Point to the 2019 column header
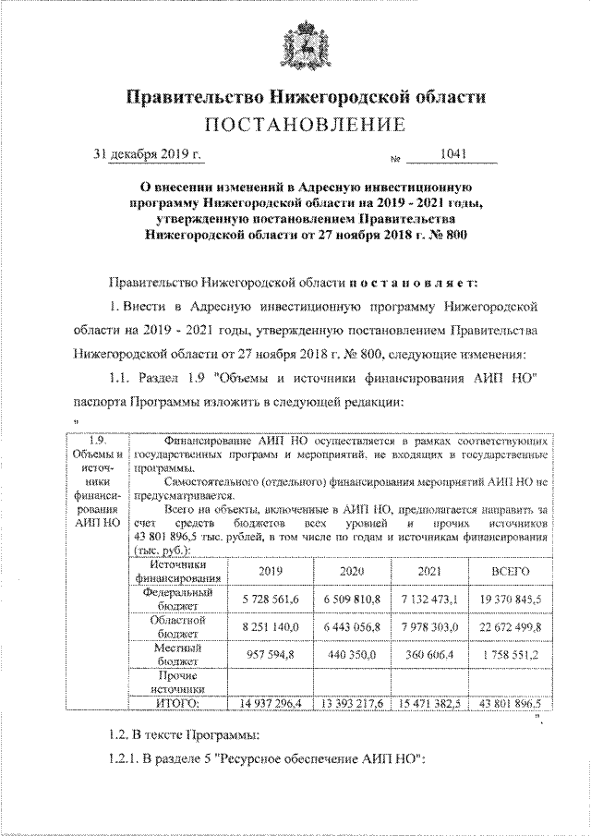click(271, 572)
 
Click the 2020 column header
click(353, 572)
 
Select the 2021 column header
click(430, 572)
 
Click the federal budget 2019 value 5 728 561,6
click(271, 600)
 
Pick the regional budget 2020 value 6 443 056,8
click(353, 627)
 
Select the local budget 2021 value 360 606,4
click(430, 655)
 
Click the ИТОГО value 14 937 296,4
click(271, 703)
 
